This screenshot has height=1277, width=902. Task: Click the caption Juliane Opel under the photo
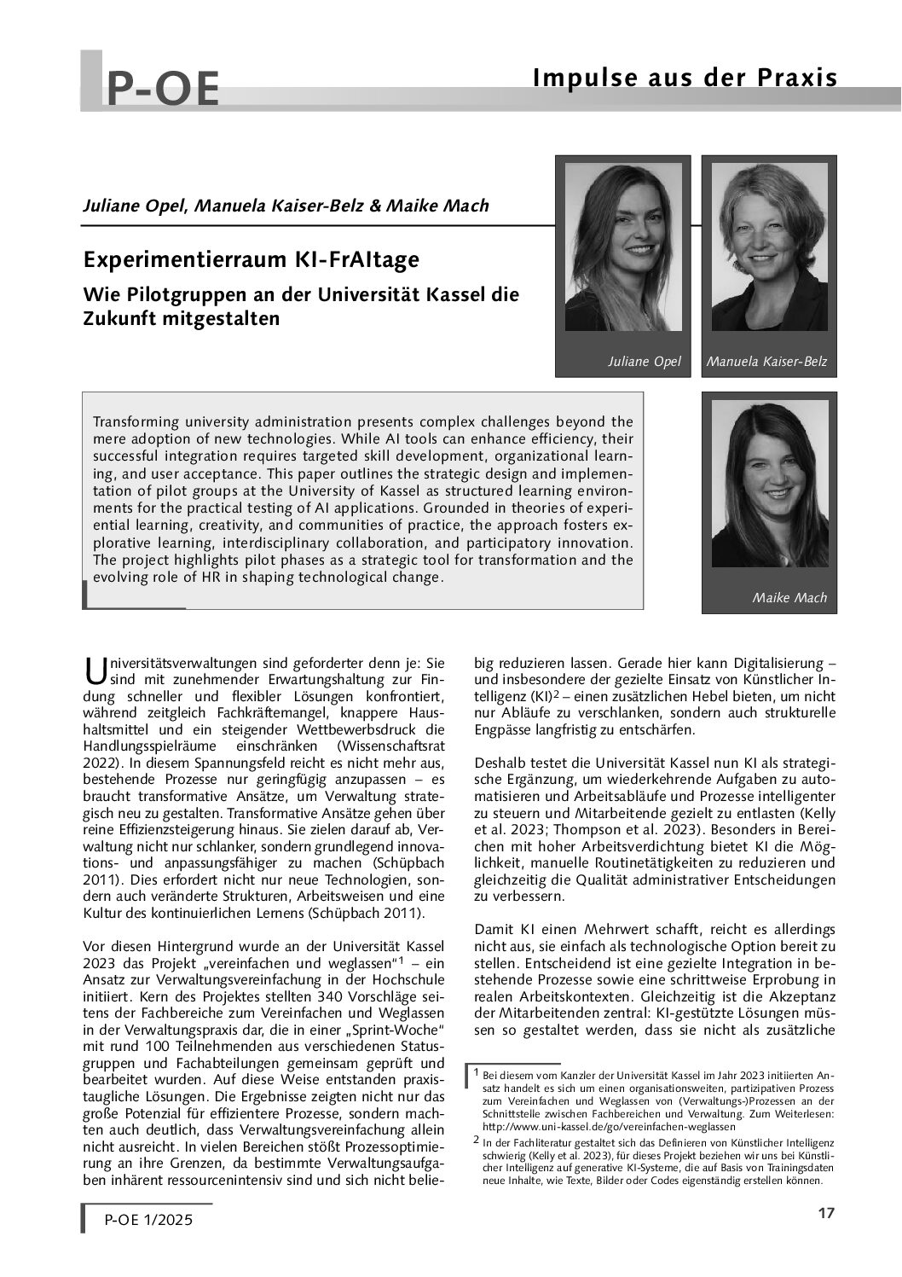click(645, 362)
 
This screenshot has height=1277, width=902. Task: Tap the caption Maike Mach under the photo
click(789, 597)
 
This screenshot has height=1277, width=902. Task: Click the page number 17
click(825, 1214)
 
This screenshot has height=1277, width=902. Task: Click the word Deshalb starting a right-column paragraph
click(498, 761)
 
